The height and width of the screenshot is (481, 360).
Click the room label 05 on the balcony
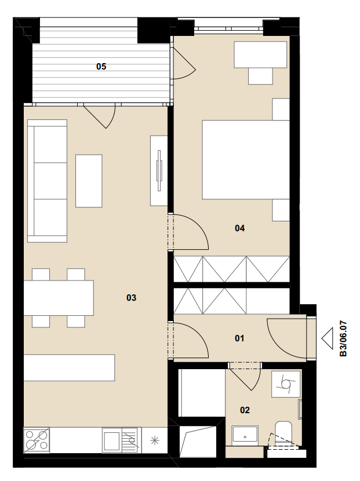101,66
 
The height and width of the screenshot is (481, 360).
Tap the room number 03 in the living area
132,297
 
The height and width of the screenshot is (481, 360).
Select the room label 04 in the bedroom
239,228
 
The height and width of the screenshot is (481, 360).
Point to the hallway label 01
239,338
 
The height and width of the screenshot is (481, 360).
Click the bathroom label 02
245,410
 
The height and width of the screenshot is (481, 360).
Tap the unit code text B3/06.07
343,338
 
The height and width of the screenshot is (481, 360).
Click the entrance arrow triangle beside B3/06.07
328,338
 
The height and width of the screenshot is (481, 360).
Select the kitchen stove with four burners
37,440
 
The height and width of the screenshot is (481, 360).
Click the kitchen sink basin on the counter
112,440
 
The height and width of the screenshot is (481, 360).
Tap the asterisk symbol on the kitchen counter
155,441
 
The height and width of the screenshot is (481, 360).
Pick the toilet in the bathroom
283,432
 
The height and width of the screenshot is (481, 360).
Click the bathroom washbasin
245,436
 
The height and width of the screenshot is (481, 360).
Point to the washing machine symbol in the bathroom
286,384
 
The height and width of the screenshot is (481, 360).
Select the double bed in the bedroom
246,159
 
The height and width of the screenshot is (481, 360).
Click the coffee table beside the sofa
89,181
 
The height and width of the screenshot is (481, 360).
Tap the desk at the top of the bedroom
260,54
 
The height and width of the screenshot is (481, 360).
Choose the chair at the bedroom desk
260,76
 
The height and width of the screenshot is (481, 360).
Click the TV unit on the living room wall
159,170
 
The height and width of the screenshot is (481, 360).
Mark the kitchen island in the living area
70,368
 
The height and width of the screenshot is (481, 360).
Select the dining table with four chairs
59,298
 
